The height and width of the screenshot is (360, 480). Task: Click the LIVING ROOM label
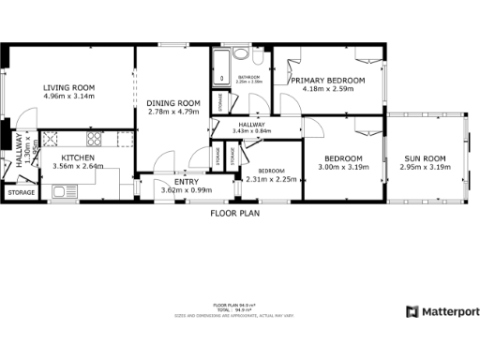point(69,88)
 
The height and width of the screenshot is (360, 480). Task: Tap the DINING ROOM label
point(175,103)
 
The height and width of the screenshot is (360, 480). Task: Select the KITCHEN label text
point(78,157)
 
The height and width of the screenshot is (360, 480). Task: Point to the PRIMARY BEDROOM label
point(327,82)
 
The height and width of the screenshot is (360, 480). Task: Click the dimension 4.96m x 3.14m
point(69,97)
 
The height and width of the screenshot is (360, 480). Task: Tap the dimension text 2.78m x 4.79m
point(175,112)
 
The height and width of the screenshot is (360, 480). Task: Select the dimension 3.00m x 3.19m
point(344,167)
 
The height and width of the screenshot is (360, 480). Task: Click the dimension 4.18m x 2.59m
point(327,90)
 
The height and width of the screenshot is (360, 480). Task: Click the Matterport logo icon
point(412,311)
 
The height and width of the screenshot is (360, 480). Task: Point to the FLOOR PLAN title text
point(234,213)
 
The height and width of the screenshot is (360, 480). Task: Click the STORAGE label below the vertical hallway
point(21,192)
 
